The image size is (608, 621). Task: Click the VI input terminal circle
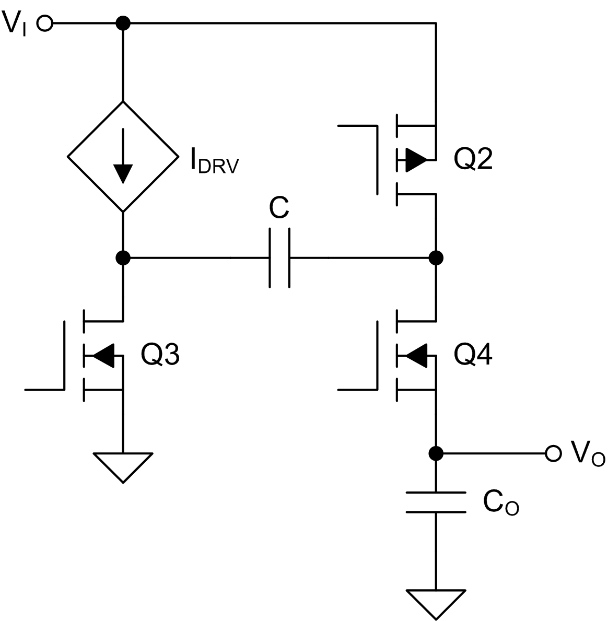(x=45, y=24)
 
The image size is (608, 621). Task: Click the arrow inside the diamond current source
(x=123, y=156)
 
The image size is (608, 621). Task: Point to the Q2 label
(x=473, y=160)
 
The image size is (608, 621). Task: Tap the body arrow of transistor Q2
(x=416, y=160)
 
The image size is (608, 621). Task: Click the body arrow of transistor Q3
(x=103, y=356)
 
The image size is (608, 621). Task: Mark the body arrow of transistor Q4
(x=416, y=356)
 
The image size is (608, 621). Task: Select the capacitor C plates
(x=279, y=257)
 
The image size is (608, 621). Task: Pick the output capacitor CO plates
(x=436, y=502)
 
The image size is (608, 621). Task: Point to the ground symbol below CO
(x=436, y=604)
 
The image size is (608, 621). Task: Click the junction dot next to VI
(x=123, y=24)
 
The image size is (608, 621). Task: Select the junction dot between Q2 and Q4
(x=436, y=257)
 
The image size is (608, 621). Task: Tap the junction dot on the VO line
(x=436, y=453)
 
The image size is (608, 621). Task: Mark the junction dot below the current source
(x=123, y=257)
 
